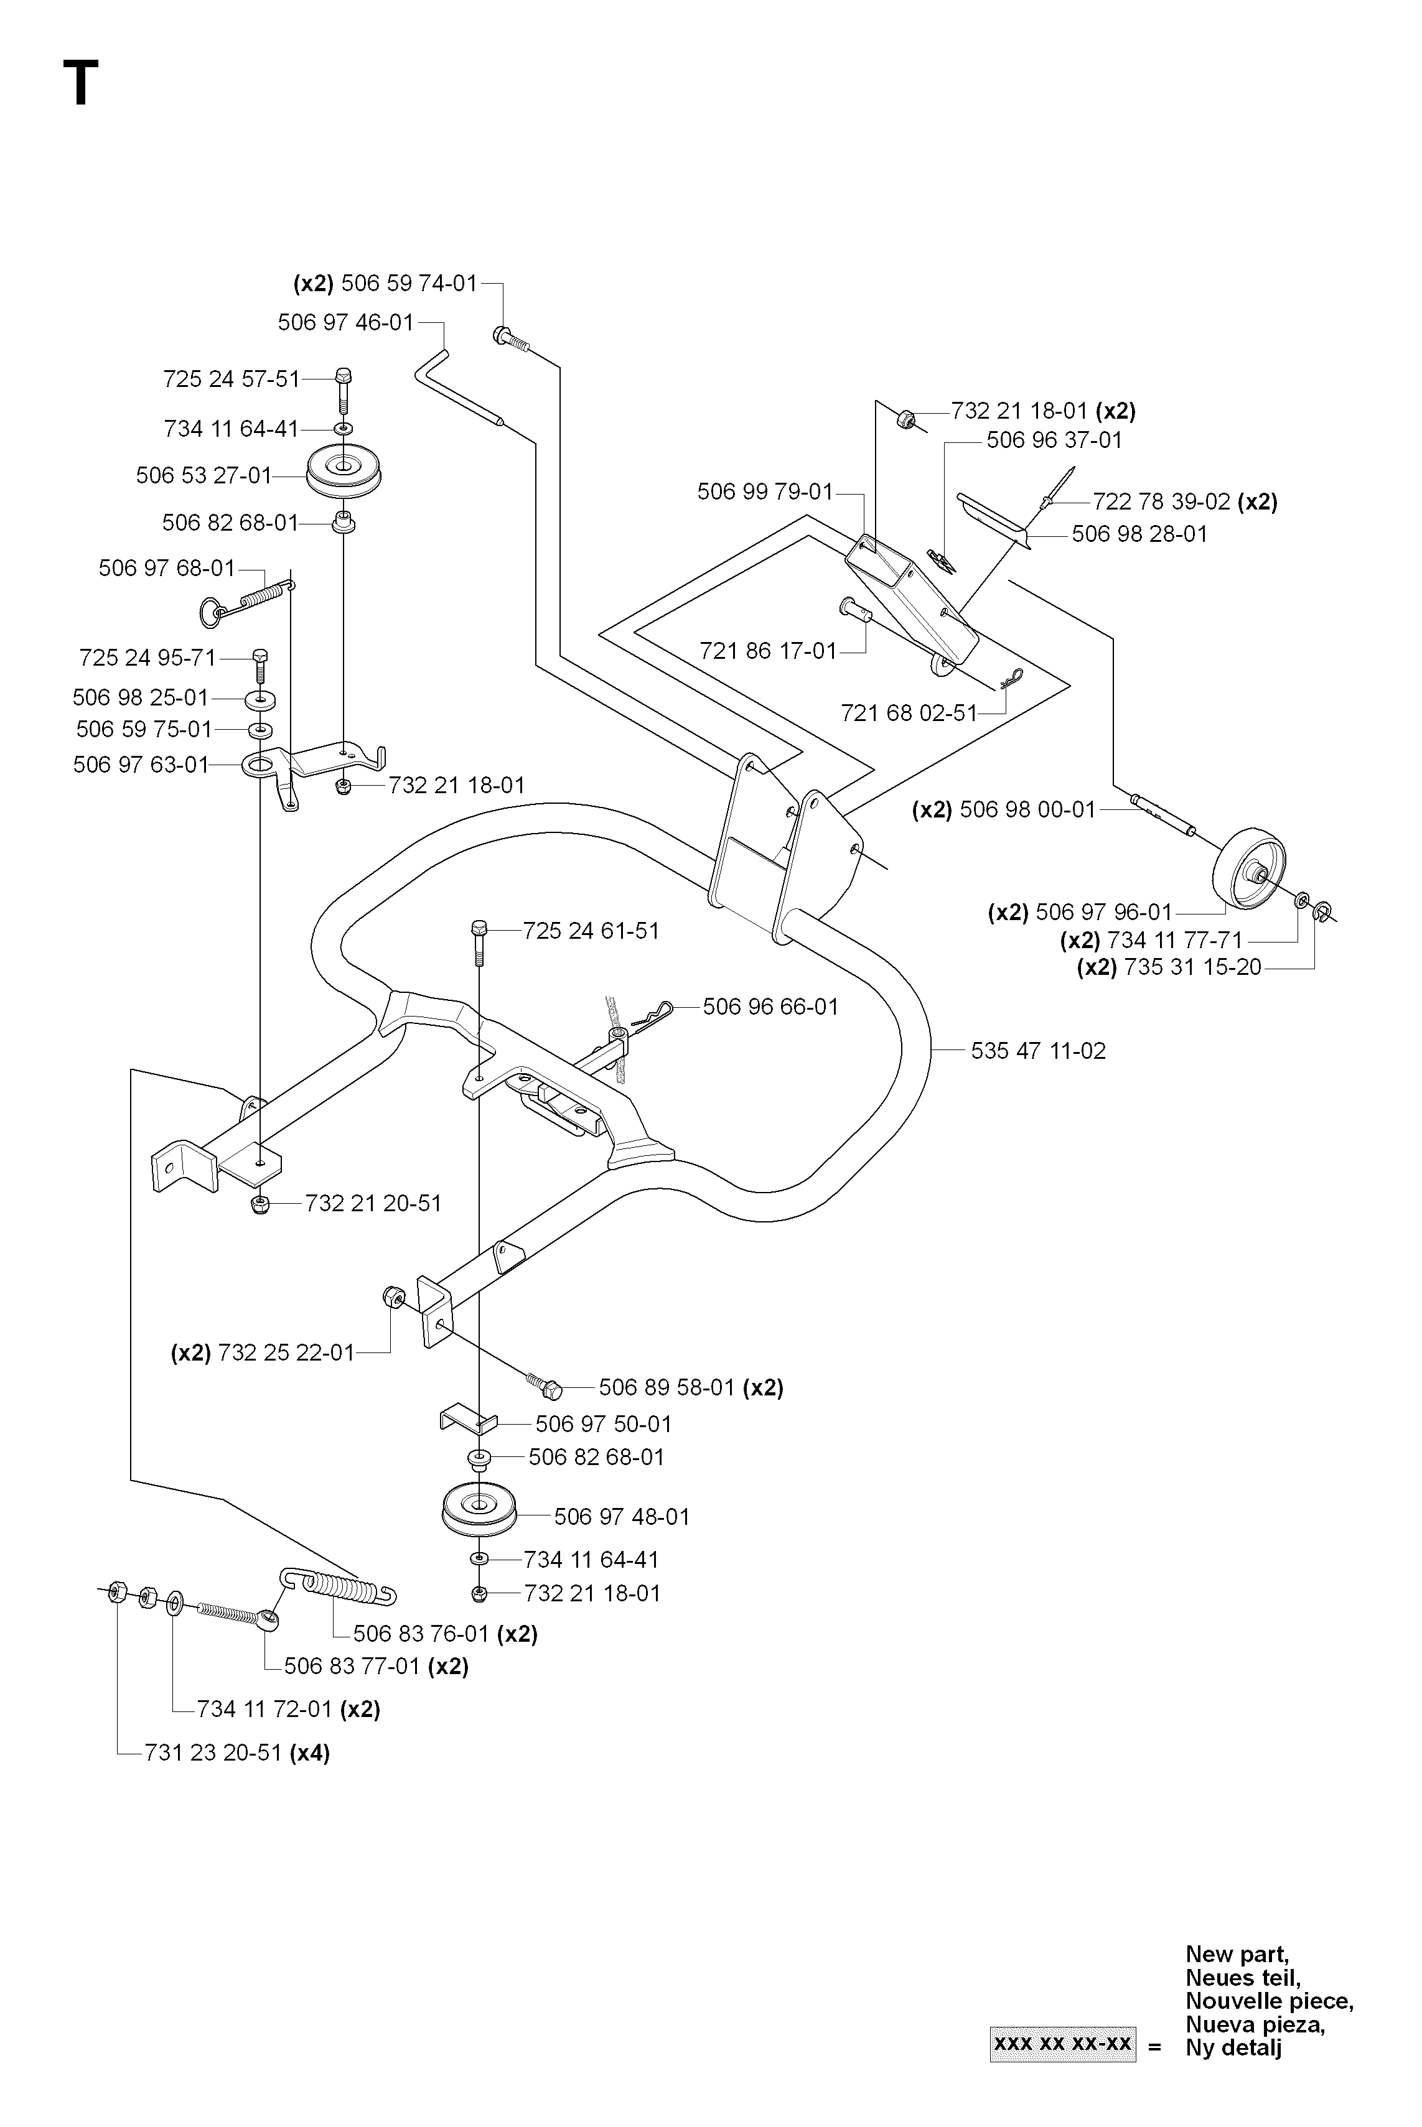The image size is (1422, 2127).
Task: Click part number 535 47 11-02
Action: (x=1039, y=1051)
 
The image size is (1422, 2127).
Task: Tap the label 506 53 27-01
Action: (x=204, y=475)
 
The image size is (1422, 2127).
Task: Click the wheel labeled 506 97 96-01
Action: (x=1245, y=867)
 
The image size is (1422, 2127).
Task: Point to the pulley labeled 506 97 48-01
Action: (x=478, y=1510)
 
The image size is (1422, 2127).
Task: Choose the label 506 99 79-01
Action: (x=764, y=491)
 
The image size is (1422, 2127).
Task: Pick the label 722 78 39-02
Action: (x=1162, y=501)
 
